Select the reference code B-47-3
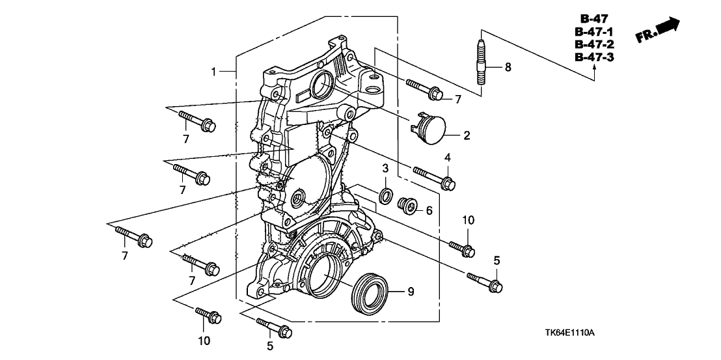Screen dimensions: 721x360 coord(595,57)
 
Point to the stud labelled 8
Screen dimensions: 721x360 coord(482,62)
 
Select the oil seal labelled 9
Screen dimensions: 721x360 coord(370,292)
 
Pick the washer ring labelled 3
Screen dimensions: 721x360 coord(386,195)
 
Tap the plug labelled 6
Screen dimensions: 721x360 coord(407,206)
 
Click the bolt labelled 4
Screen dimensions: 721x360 coord(434,178)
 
